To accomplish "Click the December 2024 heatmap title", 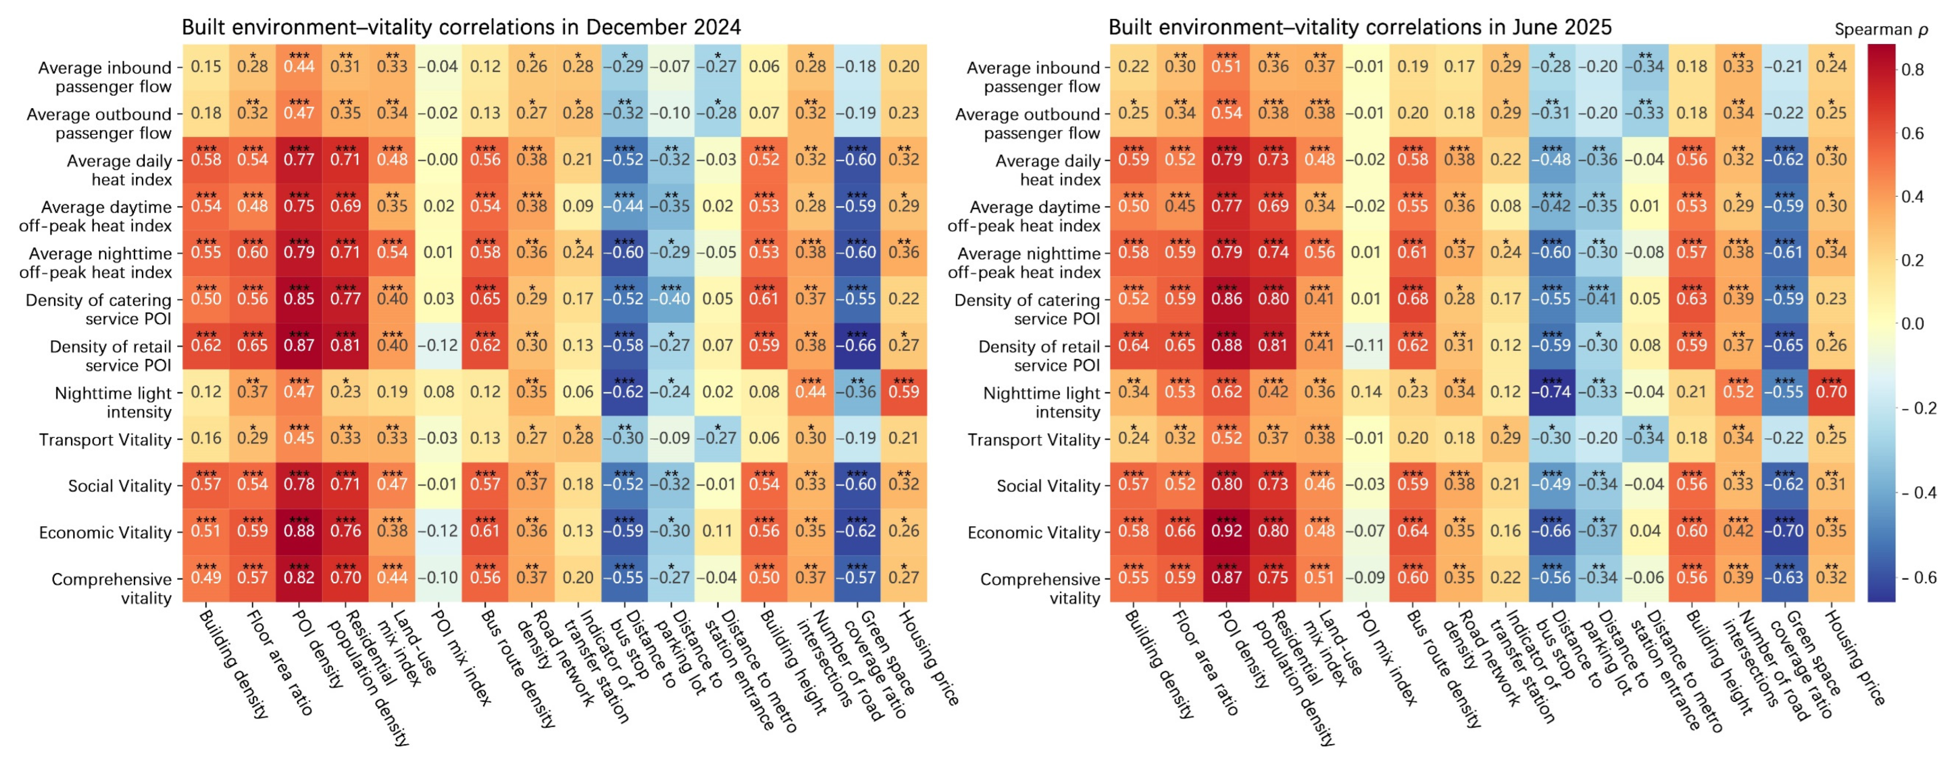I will tap(461, 27).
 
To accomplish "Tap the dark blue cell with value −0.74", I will tap(1552, 391).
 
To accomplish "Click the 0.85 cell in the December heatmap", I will tap(299, 298).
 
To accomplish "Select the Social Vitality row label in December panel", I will tap(120, 485).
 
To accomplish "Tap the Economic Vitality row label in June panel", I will tap(1033, 532).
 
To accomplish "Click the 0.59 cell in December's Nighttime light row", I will tap(904, 391).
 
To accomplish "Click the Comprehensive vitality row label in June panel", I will tap(1039, 588).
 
